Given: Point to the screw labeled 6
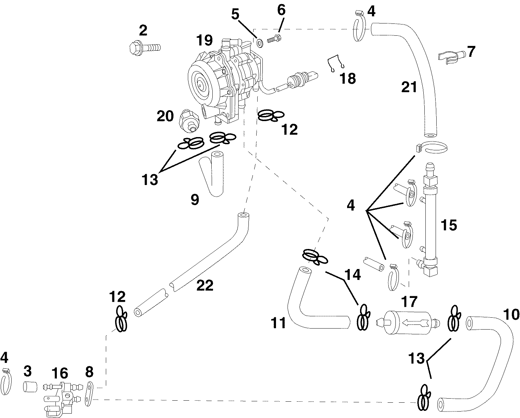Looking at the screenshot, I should [x=273, y=39].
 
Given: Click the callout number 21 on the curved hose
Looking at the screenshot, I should [x=409, y=87].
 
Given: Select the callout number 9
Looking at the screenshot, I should [x=194, y=200].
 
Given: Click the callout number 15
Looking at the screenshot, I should [x=448, y=225].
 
